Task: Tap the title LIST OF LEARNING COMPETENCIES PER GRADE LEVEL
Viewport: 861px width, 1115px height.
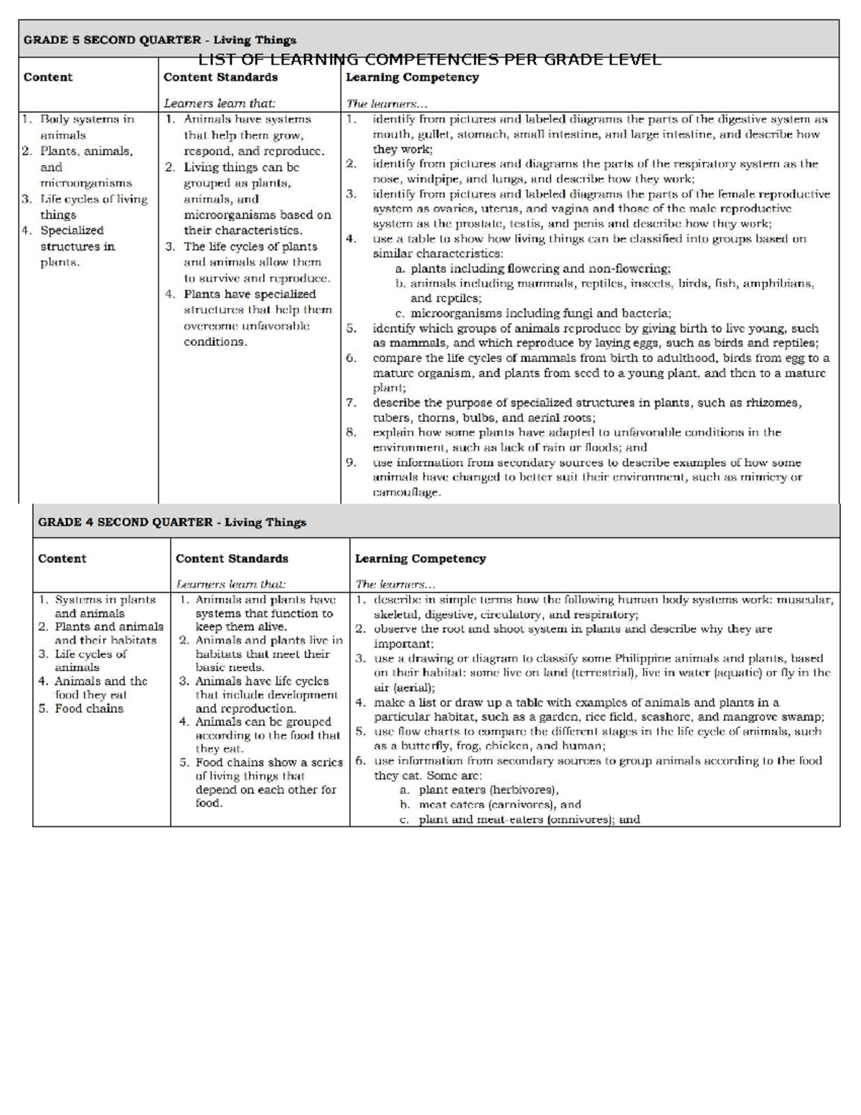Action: (429, 60)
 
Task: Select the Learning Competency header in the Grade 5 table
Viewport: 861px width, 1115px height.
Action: (412, 77)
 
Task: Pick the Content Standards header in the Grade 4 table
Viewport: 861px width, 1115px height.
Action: (231, 558)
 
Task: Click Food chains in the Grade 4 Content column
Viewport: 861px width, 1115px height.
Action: (89, 709)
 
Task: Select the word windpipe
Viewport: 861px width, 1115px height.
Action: (427, 179)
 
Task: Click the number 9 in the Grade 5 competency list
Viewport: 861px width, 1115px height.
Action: (350, 462)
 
